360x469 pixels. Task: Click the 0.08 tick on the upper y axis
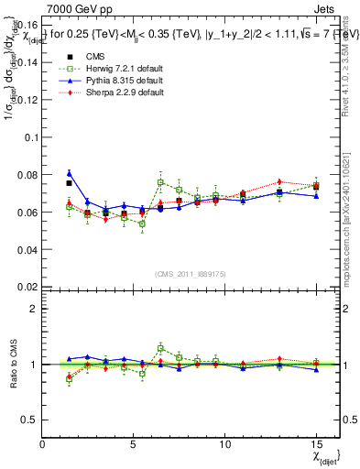pos(27,174)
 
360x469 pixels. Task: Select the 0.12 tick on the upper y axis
pos(27,100)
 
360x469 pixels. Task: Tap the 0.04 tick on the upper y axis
pos(27,249)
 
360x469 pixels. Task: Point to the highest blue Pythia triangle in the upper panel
pos(70,172)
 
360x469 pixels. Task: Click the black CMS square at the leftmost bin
pos(70,183)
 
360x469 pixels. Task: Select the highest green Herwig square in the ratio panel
pos(161,348)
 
